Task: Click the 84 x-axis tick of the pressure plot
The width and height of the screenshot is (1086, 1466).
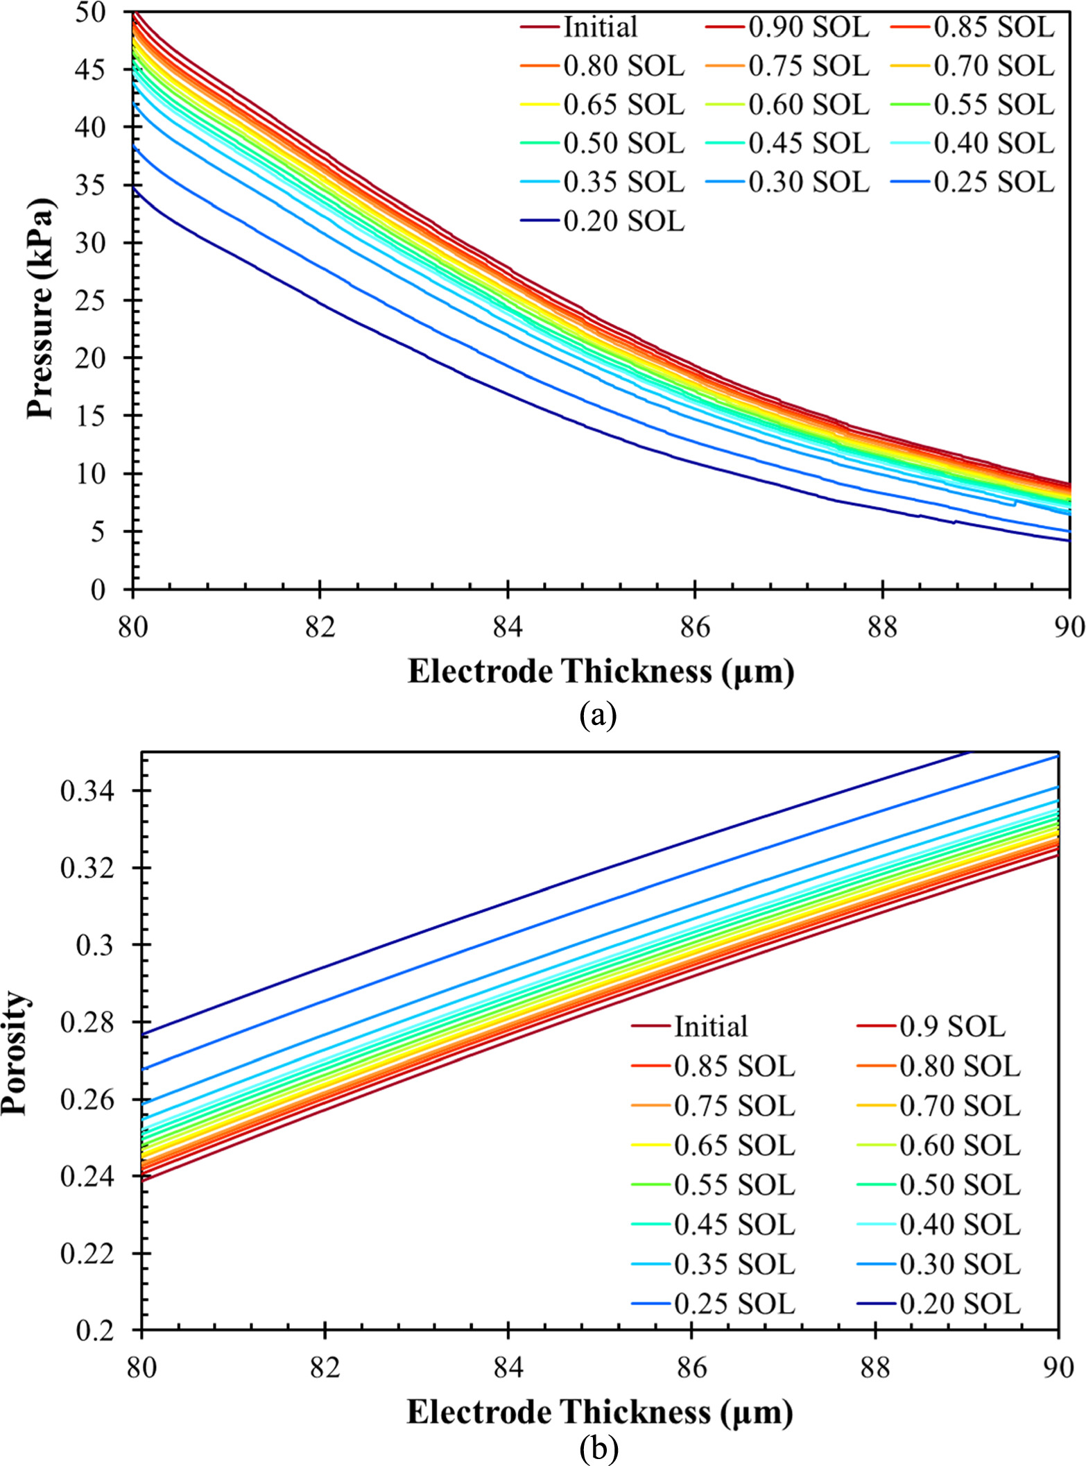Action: pyautogui.click(x=508, y=627)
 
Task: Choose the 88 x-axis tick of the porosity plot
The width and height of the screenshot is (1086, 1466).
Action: pyautogui.click(x=875, y=1367)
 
